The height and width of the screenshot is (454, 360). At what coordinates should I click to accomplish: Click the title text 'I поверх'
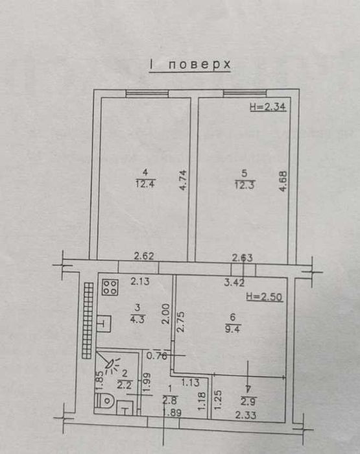click(190, 65)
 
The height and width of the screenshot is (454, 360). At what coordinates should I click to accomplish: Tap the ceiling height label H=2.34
click(268, 107)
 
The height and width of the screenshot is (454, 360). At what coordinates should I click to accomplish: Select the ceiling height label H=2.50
click(264, 297)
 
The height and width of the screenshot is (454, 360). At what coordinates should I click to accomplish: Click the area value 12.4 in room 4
click(146, 184)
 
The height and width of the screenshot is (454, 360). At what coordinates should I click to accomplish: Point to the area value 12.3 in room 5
click(245, 184)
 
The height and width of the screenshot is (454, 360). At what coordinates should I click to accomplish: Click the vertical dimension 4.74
click(184, 180)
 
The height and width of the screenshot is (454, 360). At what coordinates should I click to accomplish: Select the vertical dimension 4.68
click(283, 181)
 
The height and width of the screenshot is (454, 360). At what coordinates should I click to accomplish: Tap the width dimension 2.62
click(143, 256)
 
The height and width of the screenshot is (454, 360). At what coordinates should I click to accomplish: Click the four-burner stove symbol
click(110, 287)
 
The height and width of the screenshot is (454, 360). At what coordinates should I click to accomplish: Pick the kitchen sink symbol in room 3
click(104, 324)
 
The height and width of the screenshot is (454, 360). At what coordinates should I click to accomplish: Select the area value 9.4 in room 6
click(233, 329)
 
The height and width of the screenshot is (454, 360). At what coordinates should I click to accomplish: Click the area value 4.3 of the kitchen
click(138, 319)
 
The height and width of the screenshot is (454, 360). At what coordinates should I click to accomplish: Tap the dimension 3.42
click(234, 282)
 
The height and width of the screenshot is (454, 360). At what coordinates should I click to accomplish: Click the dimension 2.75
click(180, 322)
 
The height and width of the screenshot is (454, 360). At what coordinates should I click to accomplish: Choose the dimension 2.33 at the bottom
click(246, 416)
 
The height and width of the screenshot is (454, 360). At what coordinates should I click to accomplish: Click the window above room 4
click(147, 93)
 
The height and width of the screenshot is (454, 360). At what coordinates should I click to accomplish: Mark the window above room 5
click(245, 93)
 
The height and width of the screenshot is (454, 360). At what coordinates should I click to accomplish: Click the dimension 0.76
click(157, 355)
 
